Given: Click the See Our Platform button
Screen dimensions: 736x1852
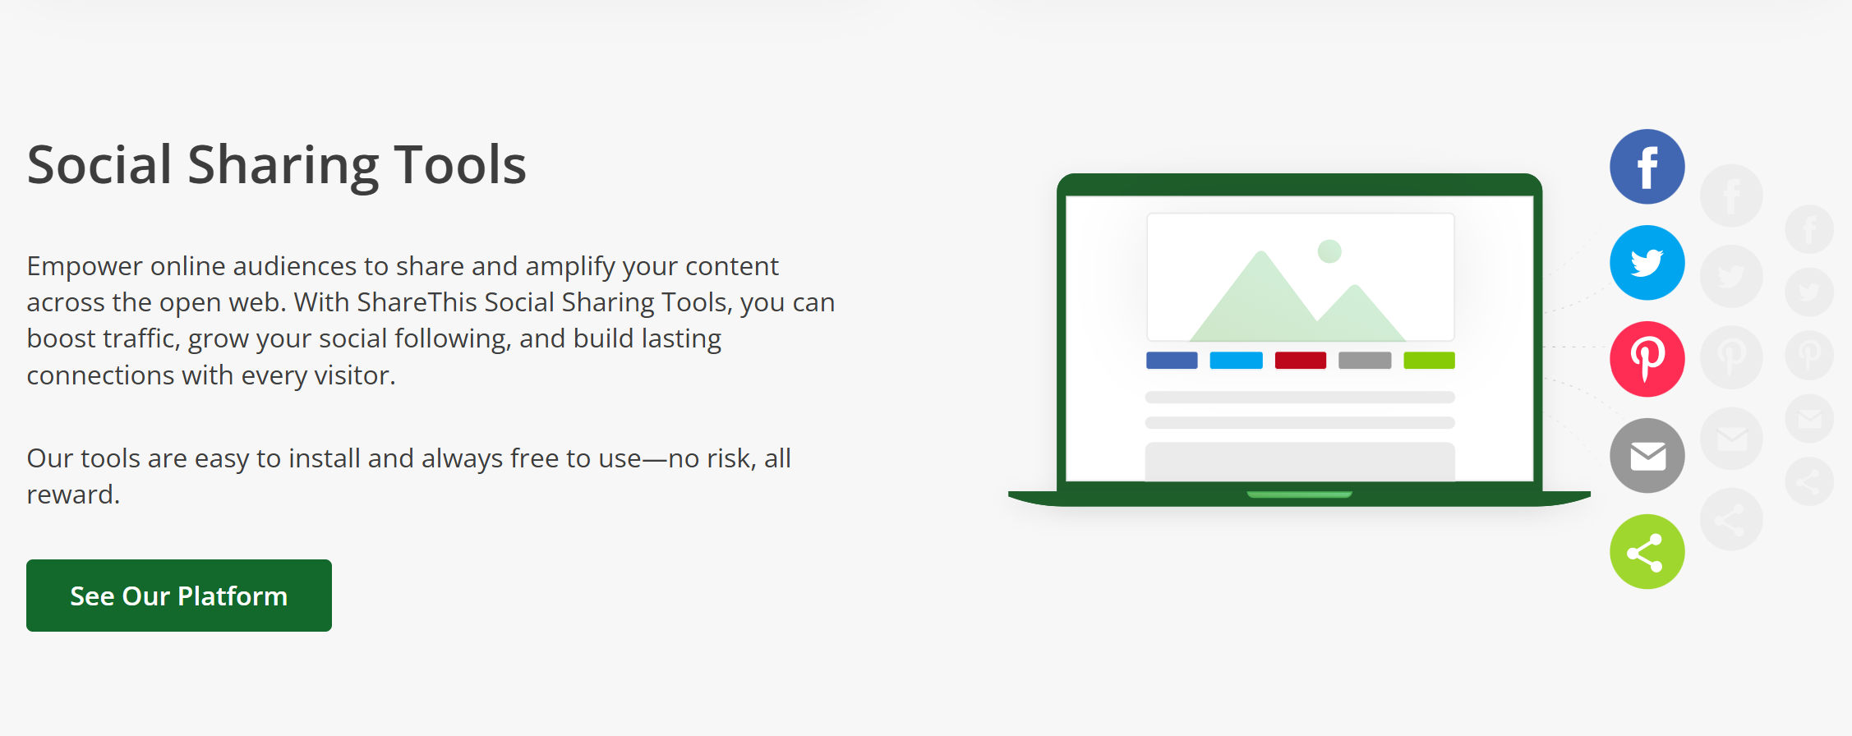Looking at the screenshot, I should click(x=179, y=596).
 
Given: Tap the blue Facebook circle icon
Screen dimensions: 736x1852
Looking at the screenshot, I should click(x=1647, y=167).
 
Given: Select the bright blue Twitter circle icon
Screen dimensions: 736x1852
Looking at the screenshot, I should click(x=1647, y=263).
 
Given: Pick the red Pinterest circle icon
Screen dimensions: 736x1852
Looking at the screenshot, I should click(x=1647, y=359).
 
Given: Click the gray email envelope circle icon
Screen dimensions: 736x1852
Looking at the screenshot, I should click(x=1647, y=455).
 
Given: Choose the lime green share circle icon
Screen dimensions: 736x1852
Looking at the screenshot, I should click(x=1647, y=552).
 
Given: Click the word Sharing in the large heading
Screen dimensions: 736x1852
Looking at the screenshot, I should click(x=283, y=166).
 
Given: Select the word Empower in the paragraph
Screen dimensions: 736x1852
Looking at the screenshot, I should click(x=85, y=266).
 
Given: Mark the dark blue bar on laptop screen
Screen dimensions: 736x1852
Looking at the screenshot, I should click(x=1172, y=361).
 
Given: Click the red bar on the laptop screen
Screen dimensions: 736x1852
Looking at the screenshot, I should click(x=1300, y=361).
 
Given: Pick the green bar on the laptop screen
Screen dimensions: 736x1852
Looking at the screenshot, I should click(x=1429, y=361).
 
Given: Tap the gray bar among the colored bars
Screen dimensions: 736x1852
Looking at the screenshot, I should click(x=1365, y=361).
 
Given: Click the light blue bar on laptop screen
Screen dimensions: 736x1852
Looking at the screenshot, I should click(x=1236, y=361).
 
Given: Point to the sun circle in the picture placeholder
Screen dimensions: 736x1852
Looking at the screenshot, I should click(x=1329, y=251).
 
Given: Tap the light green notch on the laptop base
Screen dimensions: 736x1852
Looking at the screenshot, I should click(x=1299, y=494).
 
